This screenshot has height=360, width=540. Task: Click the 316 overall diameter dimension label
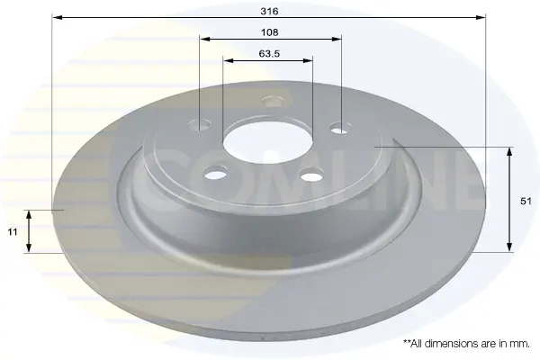point(269,12)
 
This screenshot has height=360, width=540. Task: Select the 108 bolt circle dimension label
point(269,32)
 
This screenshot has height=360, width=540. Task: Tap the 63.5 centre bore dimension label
point(269,54)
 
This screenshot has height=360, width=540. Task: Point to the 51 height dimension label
point(526,202)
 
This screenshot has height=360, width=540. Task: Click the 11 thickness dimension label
point(13,232)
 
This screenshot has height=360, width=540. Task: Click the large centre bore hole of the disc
point(267,142)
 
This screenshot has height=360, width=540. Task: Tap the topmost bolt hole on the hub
point(273,101)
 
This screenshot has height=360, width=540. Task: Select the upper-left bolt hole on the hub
point(200,125)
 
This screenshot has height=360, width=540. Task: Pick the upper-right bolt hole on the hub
point(341,129)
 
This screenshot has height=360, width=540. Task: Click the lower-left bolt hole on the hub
point(216,174)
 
